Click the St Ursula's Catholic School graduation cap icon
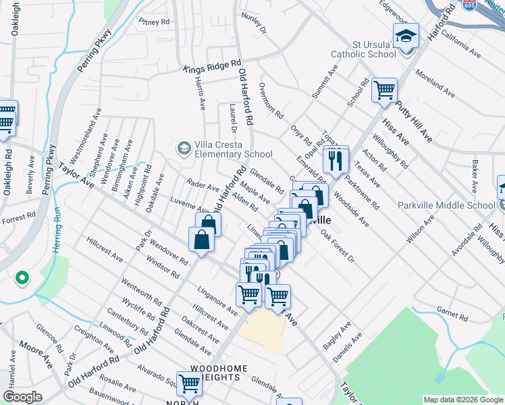(406, 34)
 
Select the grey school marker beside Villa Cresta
(183, 147)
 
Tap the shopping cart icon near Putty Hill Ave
(384, 90)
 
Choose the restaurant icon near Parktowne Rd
(335, 160)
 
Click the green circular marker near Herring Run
(22, 278)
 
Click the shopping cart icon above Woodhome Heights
(190, 383)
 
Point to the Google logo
(22, 397)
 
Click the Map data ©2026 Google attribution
(462, 399)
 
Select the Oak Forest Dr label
(338, 246)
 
